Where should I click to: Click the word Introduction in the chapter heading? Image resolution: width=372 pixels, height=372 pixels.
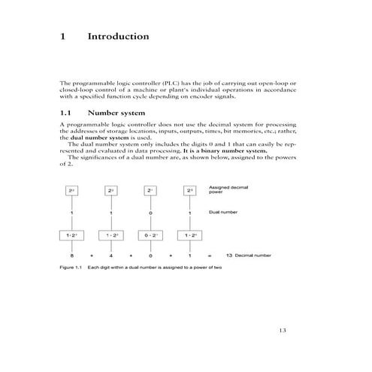[x=118, y=36]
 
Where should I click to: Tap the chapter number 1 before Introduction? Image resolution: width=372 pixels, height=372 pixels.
[x=63, y=36]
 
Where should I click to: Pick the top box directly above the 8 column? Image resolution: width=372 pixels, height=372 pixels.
[x=71, y=192]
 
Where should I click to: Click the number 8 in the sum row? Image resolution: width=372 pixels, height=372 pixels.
[x=71, y=256]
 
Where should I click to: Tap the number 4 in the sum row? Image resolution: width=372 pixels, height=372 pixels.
[x=111, y=256]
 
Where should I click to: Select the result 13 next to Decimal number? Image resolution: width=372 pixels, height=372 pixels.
[x=229, y=256]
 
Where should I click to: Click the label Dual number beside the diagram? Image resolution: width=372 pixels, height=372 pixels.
[x=223, y=213]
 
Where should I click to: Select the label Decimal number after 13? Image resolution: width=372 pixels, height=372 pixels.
[x=253, y=256]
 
